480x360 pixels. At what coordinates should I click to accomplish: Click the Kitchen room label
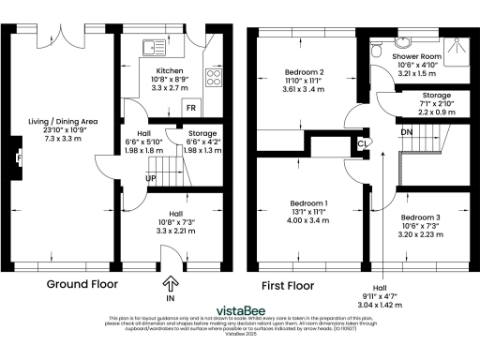[170, 70]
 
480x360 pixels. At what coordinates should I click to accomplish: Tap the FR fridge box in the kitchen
[189, 108]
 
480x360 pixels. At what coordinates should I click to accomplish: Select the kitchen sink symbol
[149, 45]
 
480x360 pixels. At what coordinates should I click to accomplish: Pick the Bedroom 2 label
[305, 72]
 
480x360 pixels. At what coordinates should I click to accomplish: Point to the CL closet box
[362, 143]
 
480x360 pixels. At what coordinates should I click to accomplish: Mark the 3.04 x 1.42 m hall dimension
[381, 305]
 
